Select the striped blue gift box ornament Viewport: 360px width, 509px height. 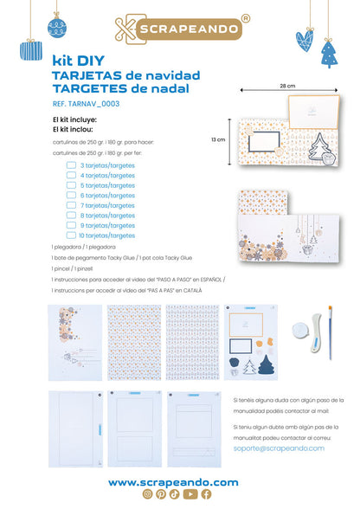coord(31,50)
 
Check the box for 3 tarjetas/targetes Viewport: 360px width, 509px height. coord(72,164)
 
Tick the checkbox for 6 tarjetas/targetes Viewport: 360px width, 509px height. coord(72,196)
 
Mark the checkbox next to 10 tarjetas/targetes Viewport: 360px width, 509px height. coord(72,235)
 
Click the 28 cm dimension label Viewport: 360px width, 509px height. coord(287,87)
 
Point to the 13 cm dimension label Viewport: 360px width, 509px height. coord(219,139)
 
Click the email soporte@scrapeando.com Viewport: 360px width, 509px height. coord(278,448)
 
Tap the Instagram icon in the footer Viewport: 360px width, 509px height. coord(148,494)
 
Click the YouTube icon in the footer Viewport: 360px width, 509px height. coord(191,494)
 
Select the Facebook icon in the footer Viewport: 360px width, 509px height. coord(206,494)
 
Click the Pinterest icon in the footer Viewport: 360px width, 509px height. coord(163,494)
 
